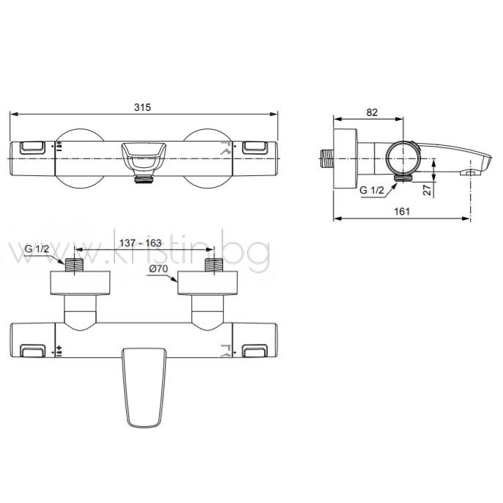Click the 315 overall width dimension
142,107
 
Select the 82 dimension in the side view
372,112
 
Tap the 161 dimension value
402,211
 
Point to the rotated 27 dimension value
427,190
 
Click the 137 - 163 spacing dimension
140,243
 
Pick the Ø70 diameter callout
158,268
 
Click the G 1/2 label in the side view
372,190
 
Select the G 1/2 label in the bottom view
37,249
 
